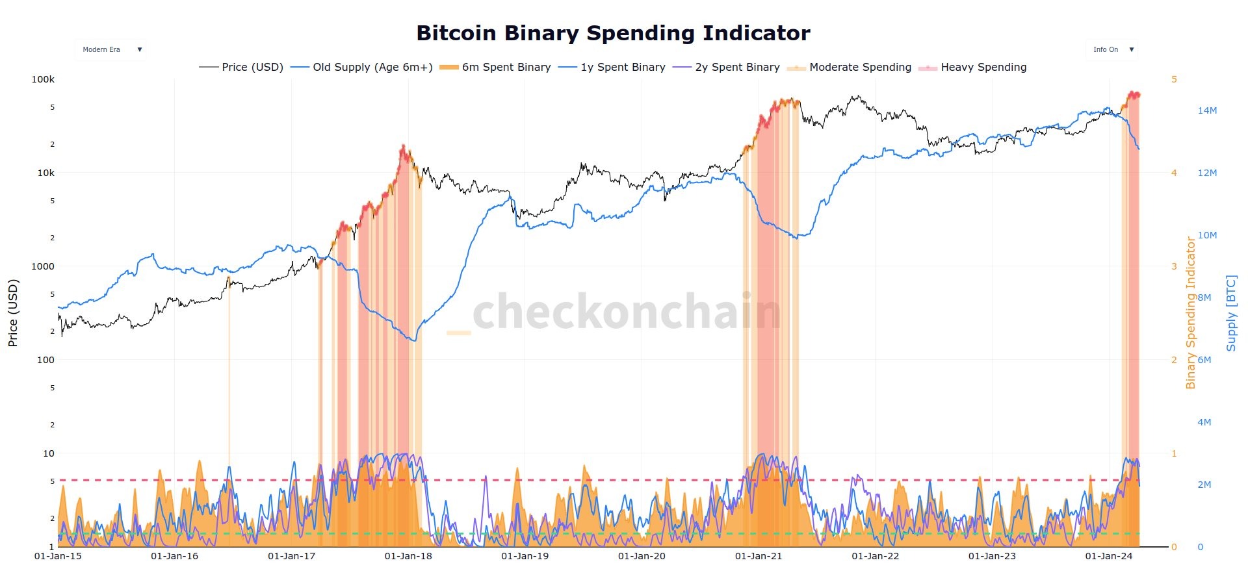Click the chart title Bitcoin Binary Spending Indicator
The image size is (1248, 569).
click(613, 33)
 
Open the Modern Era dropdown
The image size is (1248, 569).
click(110, 50)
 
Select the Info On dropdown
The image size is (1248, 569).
click(1111, 50)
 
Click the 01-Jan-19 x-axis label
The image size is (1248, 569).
click(525, 557)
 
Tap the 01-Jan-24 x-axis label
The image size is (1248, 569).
click(1109, 557)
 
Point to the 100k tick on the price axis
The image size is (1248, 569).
click(43, 80)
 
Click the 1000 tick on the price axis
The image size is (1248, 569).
click(43, 266)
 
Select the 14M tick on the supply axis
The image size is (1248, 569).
click(1207, 111)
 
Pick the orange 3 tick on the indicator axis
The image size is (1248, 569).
click(1174, 266)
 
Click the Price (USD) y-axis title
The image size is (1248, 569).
click(13, 313)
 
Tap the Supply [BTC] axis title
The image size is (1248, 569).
click(1231, 313)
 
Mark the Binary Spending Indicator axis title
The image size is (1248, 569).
click(1191, 313)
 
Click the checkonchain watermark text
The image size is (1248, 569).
click(625, 312)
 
